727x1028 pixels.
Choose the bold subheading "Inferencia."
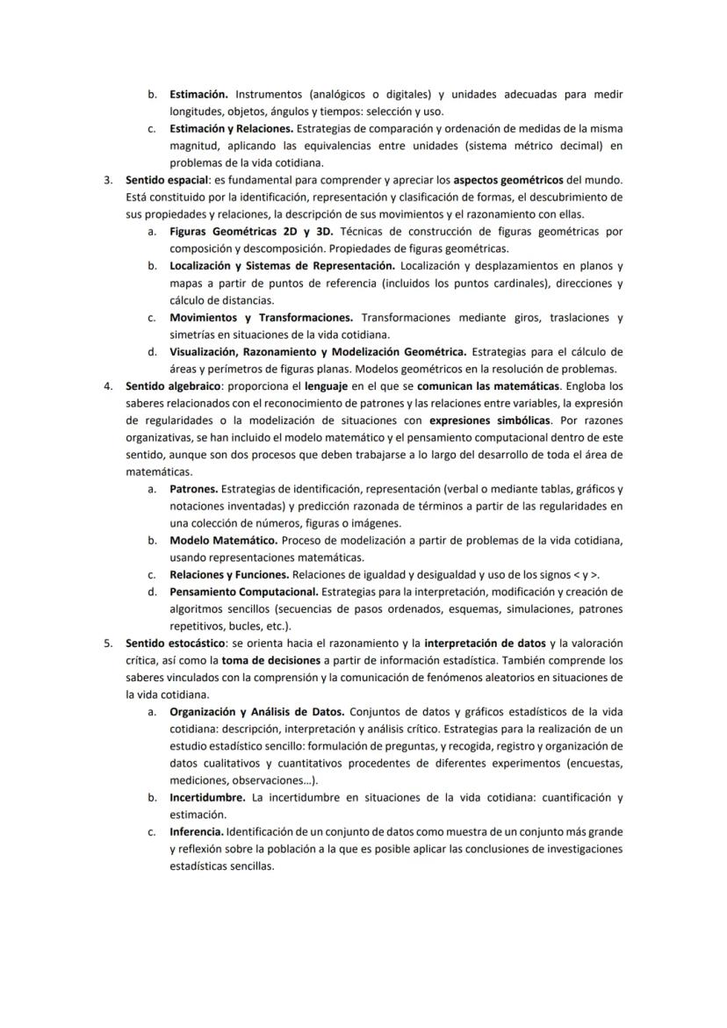pos(197,831)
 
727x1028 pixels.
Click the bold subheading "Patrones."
pos(193,489)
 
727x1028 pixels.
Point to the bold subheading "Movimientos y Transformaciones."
pos(261,317)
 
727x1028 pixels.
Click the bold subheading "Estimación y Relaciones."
pos(231,129)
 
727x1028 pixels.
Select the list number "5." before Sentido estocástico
pos(108,643)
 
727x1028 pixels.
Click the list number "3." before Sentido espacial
pos(108,180)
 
